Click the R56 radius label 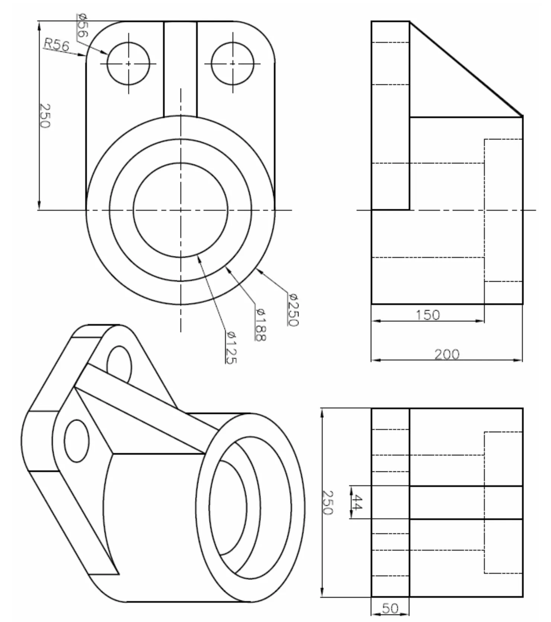coord(56,45)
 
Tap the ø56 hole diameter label coord(83,25)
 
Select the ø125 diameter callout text coord(231,347)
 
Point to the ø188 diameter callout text coord(260,324)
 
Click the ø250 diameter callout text coord(293,310)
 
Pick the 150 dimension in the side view coord(427,315)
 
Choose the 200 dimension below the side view coord(447,354)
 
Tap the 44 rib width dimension coord(356,502)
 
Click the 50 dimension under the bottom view coord(390,608)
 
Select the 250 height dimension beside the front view coord(45,116)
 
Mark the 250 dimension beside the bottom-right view coord(327,502)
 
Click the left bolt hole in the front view coord(128,64)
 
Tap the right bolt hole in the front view coord(233,64)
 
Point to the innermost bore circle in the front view coord(180,210)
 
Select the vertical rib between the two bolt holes coord(180,69)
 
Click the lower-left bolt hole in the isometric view coord(77,441)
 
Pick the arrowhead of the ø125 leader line coord(199,259)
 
